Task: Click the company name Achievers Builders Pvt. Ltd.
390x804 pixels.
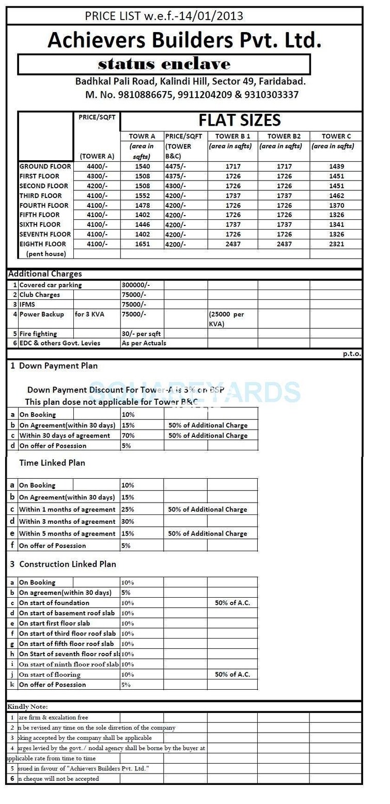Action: pyautogui.click(x=184, y=40)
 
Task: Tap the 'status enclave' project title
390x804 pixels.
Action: pyautogui.click(x=164, y=64)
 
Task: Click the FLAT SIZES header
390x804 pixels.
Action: pyautogui.click(x=240, y=120)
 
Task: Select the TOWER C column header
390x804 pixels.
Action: pyautogui.click(x=336, y=136)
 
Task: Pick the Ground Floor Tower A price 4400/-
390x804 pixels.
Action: pyautogui.click(x=91, y=166)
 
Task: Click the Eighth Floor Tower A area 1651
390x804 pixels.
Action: pyautogui.click(x=142, y=244)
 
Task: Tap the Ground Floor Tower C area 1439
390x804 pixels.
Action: pyautogui.click(x=336, y=166)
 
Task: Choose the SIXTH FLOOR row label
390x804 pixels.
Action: pyautogui.click(x=40, y=224)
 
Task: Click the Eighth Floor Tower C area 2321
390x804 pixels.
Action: pyautogui.click(x=336, y=244)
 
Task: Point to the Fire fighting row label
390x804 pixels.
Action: pyautogui.click(x=38, y=333)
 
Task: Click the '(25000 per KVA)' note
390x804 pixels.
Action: pyautogui.click(x=227, y=319)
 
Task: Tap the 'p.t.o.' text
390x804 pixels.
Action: pyautogui.click(x=352, y=354)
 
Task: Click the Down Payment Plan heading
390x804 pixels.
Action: pyautogui.click(x=58, y=366)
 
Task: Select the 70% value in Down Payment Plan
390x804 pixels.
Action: pyautogui.click(x=128, y=435)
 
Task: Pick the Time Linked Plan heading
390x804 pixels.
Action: pyautogui.click(x=52, y=463)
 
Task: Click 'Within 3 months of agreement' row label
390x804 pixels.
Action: pyautogui.click(x=67, y=522)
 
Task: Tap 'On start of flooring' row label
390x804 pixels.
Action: pyautogui.click(x=50, y=674)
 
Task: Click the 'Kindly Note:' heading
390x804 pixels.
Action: pyautogui.click(x=27, y=706)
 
